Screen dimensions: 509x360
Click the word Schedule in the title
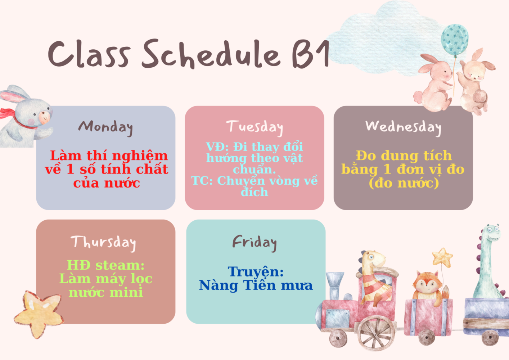click(211, 54)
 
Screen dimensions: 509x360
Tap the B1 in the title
click(311, 54)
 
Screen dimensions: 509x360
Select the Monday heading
click(106, 128)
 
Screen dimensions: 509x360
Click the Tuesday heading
click(255, 128)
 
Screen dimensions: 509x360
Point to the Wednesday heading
click(403, 128)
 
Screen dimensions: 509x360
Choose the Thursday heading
click(103, 243)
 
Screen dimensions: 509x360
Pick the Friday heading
click(254, 243)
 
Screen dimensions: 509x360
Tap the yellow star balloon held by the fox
click(442, 258)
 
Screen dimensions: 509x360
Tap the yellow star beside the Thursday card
click(39, 314)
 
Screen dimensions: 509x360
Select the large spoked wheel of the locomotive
click(376, 332)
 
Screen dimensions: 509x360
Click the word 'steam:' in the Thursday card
click(120, 265)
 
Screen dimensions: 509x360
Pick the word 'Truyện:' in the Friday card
click(256, 272)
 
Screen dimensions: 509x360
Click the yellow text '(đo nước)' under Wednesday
click(404, 183)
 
